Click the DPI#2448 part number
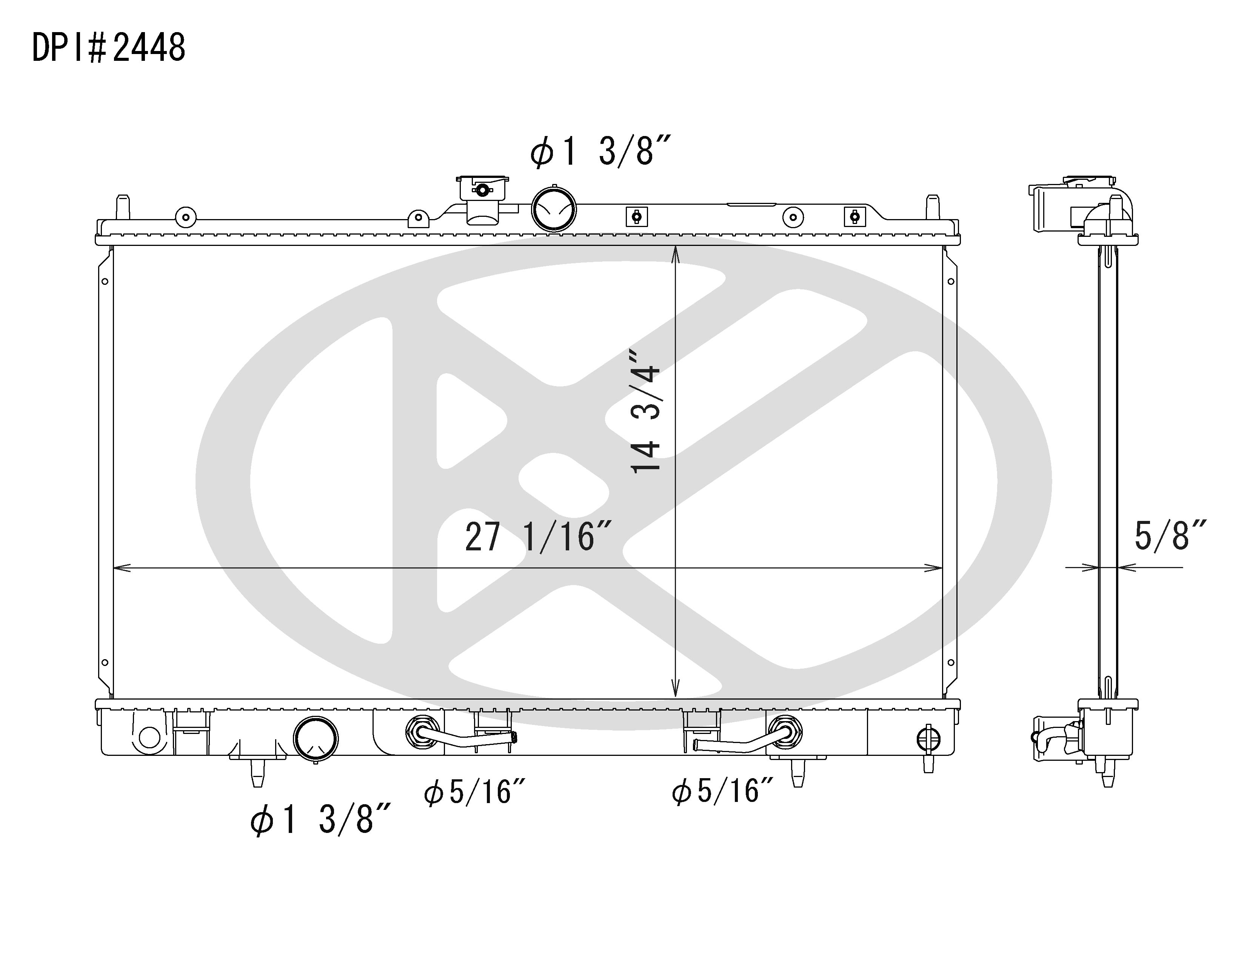coord(108,48)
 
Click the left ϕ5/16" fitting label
coord(474,792)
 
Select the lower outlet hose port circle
coord(315,739)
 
